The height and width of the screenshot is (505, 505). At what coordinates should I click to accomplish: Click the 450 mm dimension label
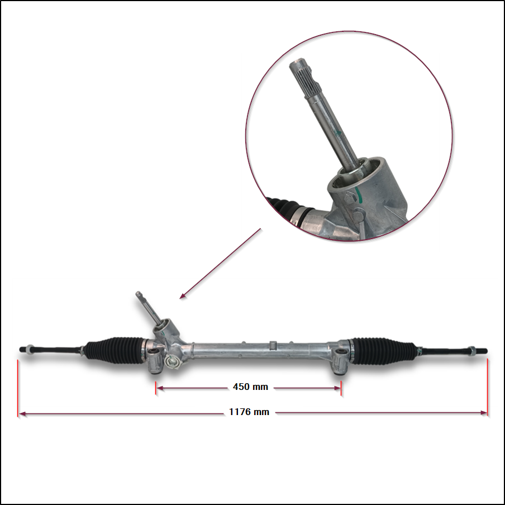tap(250, 387)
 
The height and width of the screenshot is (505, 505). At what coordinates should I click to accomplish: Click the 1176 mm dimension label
tap(249, 412)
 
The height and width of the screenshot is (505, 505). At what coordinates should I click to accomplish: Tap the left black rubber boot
tap(115, 351)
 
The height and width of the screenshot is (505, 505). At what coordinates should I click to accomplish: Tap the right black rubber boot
tap(384, 351)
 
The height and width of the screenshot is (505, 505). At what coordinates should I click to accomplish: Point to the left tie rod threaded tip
tap(22, 350)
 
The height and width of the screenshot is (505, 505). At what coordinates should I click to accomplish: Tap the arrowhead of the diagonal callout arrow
tap(183, 296)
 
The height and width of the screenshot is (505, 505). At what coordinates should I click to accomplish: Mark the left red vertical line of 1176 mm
tap(18, 388)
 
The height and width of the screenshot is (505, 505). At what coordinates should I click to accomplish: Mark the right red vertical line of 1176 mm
tap(488, 388)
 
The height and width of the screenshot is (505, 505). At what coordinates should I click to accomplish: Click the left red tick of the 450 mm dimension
tap(155, 388)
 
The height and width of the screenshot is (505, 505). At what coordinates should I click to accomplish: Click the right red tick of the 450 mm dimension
tap(341, 388)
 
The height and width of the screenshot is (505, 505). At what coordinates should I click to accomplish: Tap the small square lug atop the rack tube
tap(273, 345)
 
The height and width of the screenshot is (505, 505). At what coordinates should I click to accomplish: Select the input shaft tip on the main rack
tap(139, 294)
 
